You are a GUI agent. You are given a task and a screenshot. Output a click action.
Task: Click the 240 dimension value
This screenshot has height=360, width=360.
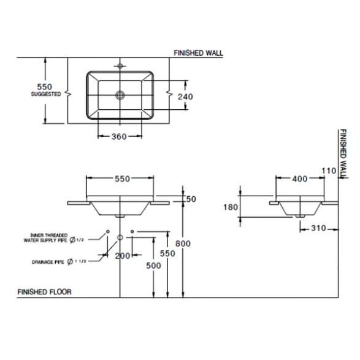point(185,97)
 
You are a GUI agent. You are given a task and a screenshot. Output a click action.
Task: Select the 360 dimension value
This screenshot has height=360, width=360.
point(119,137)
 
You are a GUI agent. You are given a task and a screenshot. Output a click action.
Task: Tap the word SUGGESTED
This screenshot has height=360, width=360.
point(46,94)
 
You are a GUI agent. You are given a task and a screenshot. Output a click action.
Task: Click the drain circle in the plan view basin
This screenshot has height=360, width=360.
point(120,95)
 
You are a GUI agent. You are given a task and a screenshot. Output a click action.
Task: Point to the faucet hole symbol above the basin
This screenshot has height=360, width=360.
point(120,66)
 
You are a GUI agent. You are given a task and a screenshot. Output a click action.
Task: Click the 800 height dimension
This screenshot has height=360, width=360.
point(183,243)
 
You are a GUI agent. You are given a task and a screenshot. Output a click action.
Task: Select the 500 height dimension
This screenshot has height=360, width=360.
point(153,266)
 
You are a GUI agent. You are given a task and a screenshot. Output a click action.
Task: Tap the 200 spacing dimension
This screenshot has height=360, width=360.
point(123,256)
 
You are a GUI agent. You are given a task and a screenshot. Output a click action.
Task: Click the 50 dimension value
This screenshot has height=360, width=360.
point(191,199)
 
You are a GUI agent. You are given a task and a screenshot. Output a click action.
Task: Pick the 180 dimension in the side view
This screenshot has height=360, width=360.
point(231,207)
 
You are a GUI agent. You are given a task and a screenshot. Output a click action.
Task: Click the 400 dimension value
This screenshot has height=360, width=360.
point(300,179)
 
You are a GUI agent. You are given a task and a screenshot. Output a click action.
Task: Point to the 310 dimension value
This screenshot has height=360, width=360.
point(319,228)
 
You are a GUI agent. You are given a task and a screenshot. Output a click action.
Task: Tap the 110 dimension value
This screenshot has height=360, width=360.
point(329,171)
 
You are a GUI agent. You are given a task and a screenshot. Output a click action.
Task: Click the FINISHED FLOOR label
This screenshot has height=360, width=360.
point(45,292)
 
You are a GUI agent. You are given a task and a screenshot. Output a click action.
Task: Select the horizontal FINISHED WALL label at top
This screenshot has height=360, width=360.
point(198,53)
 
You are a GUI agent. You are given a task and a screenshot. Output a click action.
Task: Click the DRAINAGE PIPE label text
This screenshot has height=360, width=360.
point(48,262)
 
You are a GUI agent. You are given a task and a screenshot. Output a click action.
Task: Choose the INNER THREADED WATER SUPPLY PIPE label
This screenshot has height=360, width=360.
point(45,238)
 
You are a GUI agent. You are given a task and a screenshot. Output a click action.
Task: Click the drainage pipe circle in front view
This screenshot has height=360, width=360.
point(120,237)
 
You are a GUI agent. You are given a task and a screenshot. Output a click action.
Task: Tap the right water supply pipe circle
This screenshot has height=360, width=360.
point(132,232)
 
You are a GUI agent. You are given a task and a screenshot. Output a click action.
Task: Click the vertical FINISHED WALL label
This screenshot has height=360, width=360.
point(343,153)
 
